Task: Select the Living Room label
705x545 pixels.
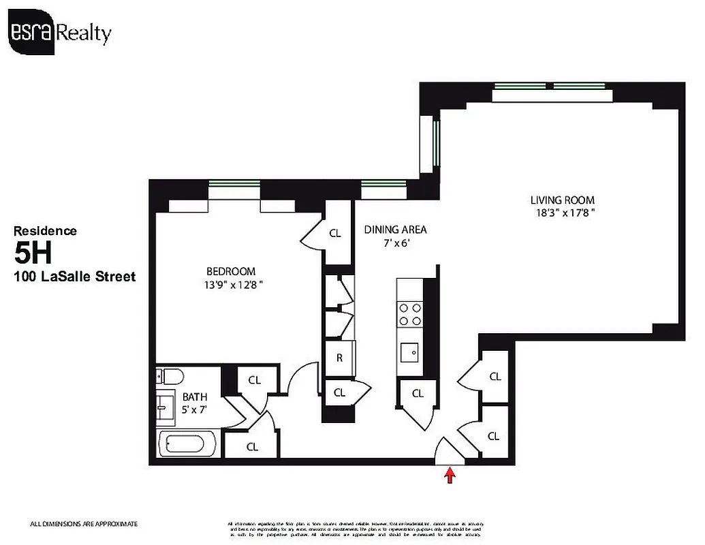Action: (562, 200)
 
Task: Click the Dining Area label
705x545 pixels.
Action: (395, 230)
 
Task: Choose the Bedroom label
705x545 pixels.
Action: (232, 270)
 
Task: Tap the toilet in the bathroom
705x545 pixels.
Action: (170, 377)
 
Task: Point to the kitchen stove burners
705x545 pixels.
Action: (410, 314)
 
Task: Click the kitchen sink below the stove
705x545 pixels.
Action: (411, 353)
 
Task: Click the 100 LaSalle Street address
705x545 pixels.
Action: (75, 277)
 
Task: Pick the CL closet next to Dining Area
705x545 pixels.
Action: (334, 233)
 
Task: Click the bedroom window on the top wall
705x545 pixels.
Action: (234, 183)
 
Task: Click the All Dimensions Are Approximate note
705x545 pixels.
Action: (84, 524)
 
